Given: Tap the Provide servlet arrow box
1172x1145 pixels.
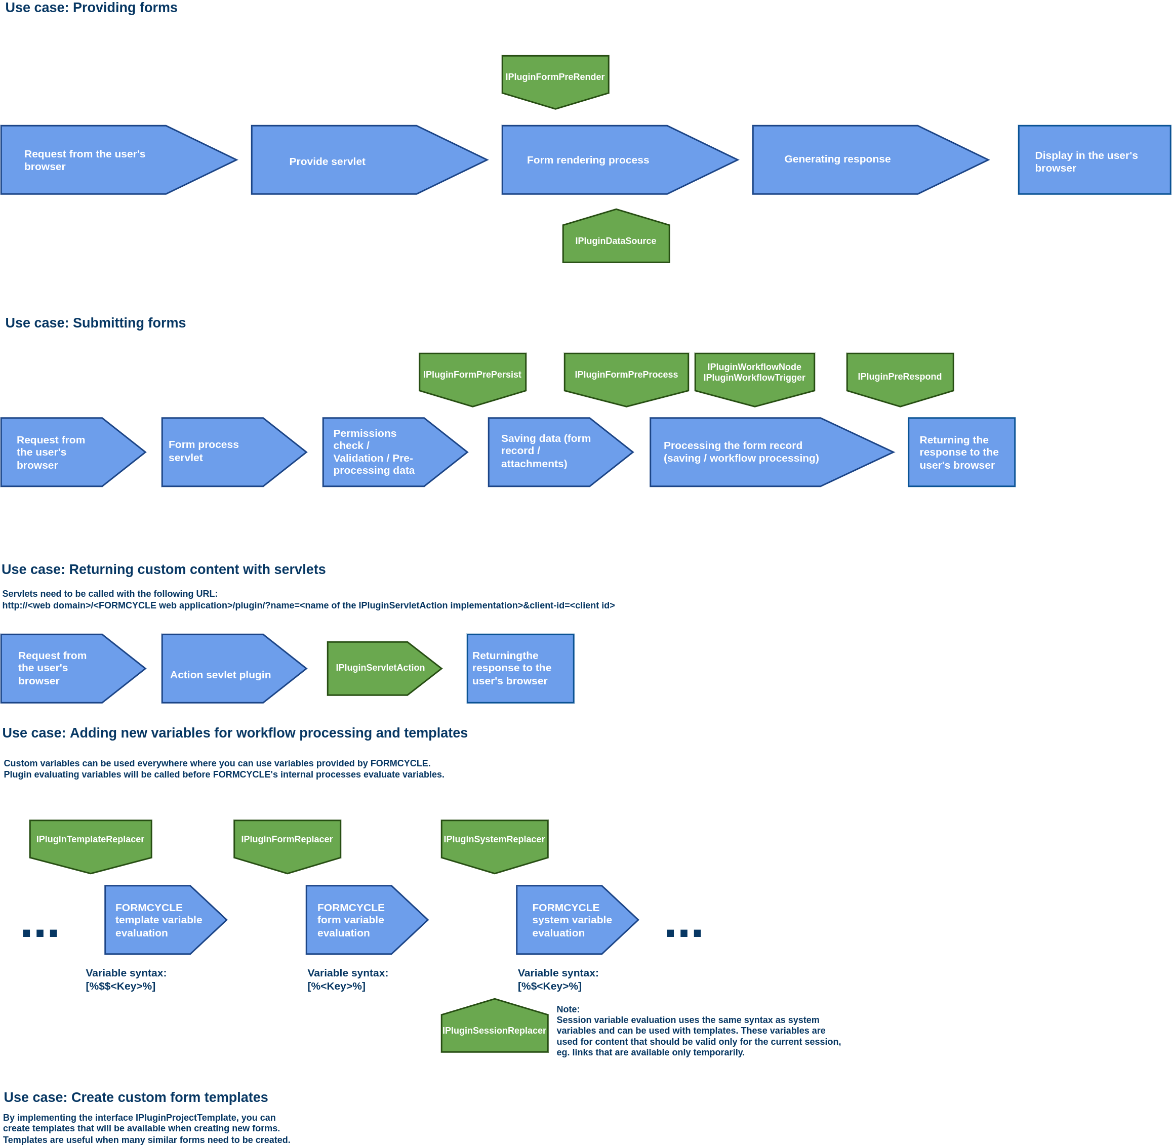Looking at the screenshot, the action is pos(369,160).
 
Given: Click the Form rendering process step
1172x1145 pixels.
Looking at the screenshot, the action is pos(619,160).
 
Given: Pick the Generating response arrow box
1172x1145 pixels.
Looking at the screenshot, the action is pos(870,160).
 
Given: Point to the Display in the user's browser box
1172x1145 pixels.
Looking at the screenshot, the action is pos(1095,160).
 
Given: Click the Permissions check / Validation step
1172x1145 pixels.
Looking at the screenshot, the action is pos(394,452).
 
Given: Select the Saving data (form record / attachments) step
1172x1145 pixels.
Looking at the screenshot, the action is pos(560,452).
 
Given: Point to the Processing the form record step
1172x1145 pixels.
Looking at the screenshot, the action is pos(772,452).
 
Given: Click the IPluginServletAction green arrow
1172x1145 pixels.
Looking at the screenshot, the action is pos(384,668).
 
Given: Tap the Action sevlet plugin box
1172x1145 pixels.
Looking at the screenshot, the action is pos(234,668).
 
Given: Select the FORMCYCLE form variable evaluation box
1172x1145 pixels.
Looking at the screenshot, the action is pos(367,919).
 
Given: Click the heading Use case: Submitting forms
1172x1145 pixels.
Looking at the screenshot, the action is pos(96,323).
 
